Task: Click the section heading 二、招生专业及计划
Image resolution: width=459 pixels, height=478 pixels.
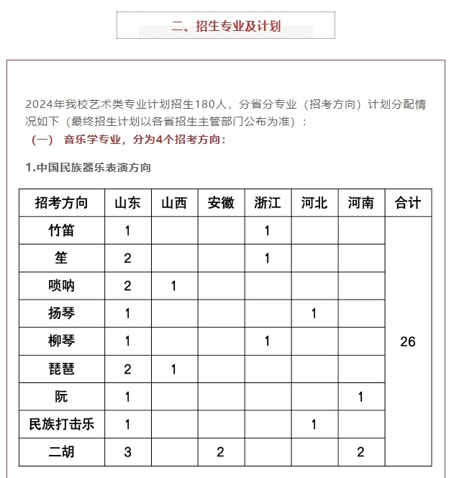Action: pos(226,27)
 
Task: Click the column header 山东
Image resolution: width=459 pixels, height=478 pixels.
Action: pos(127,203)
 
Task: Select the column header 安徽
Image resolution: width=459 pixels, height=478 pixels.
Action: pos(221,203)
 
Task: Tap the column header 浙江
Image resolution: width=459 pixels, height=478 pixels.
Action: pos(268,203)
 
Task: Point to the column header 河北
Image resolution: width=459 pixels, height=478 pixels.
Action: pos(314,203)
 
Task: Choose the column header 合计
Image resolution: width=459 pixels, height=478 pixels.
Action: pos(408,203)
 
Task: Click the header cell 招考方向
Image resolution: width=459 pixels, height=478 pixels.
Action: pos(61,203)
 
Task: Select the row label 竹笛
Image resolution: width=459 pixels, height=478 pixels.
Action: pos(61,231)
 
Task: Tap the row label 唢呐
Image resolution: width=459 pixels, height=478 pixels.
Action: pos(61,286)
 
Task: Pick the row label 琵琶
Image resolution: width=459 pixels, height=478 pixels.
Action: pos(61,369)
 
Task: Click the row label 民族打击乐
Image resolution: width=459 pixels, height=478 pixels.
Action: pos(61,425)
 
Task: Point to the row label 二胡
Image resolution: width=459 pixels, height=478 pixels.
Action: pos(61,452)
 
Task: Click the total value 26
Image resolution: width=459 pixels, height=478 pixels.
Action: pos(408,342)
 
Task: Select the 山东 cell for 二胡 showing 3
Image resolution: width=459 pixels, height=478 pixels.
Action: pos(127,452)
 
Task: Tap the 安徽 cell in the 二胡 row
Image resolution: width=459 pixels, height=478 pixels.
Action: pos(221,452)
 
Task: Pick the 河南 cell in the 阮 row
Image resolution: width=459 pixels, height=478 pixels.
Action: pos(360,397)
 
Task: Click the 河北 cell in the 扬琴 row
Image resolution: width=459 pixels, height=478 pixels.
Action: pos(314,314)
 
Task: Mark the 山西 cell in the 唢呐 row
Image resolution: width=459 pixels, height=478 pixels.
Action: pos(174,286)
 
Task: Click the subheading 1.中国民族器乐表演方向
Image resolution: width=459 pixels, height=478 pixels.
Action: pos(88,168)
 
